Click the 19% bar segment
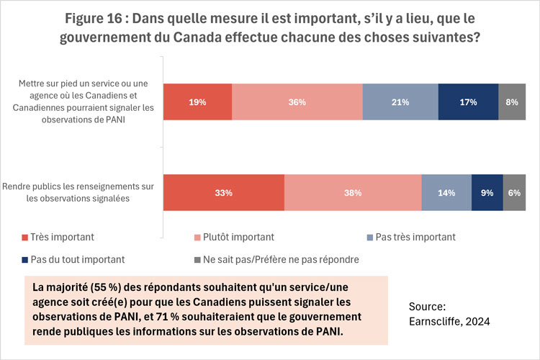[x=198, y=102]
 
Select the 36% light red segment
[x=297, y=102]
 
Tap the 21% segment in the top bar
[x=400, y=102]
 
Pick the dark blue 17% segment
[x=468, y=102]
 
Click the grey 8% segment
[x=512, y=102]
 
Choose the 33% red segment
[x=224, y=192]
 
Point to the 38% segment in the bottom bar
[x=353, y=192]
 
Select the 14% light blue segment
[x=446, y=192]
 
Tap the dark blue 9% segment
[x=487, y=192]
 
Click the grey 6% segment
[x=514, y=192]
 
